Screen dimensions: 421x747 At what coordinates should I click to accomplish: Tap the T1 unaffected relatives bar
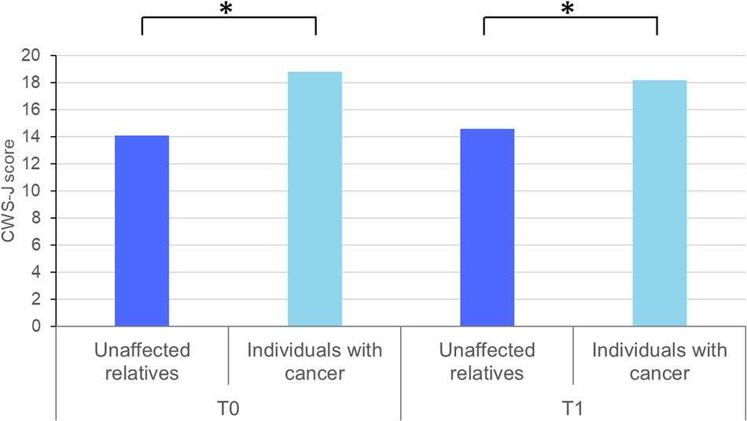tap(487, 227)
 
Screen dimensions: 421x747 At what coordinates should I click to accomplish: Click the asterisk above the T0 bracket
tap(229, 9)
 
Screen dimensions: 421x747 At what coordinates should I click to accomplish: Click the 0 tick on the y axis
tap(36, 327)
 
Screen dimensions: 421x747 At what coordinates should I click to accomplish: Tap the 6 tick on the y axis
tap(36, 246)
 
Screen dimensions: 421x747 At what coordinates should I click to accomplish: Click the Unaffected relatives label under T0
tap(142, 361)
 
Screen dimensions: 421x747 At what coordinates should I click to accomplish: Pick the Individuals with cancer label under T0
tap(315, 361)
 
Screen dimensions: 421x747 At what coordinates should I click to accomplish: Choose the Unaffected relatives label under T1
tap(488, 361)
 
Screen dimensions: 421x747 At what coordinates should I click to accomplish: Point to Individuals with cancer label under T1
tap(660, 361)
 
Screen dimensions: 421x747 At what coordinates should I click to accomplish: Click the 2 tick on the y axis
tap(36, 300)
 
